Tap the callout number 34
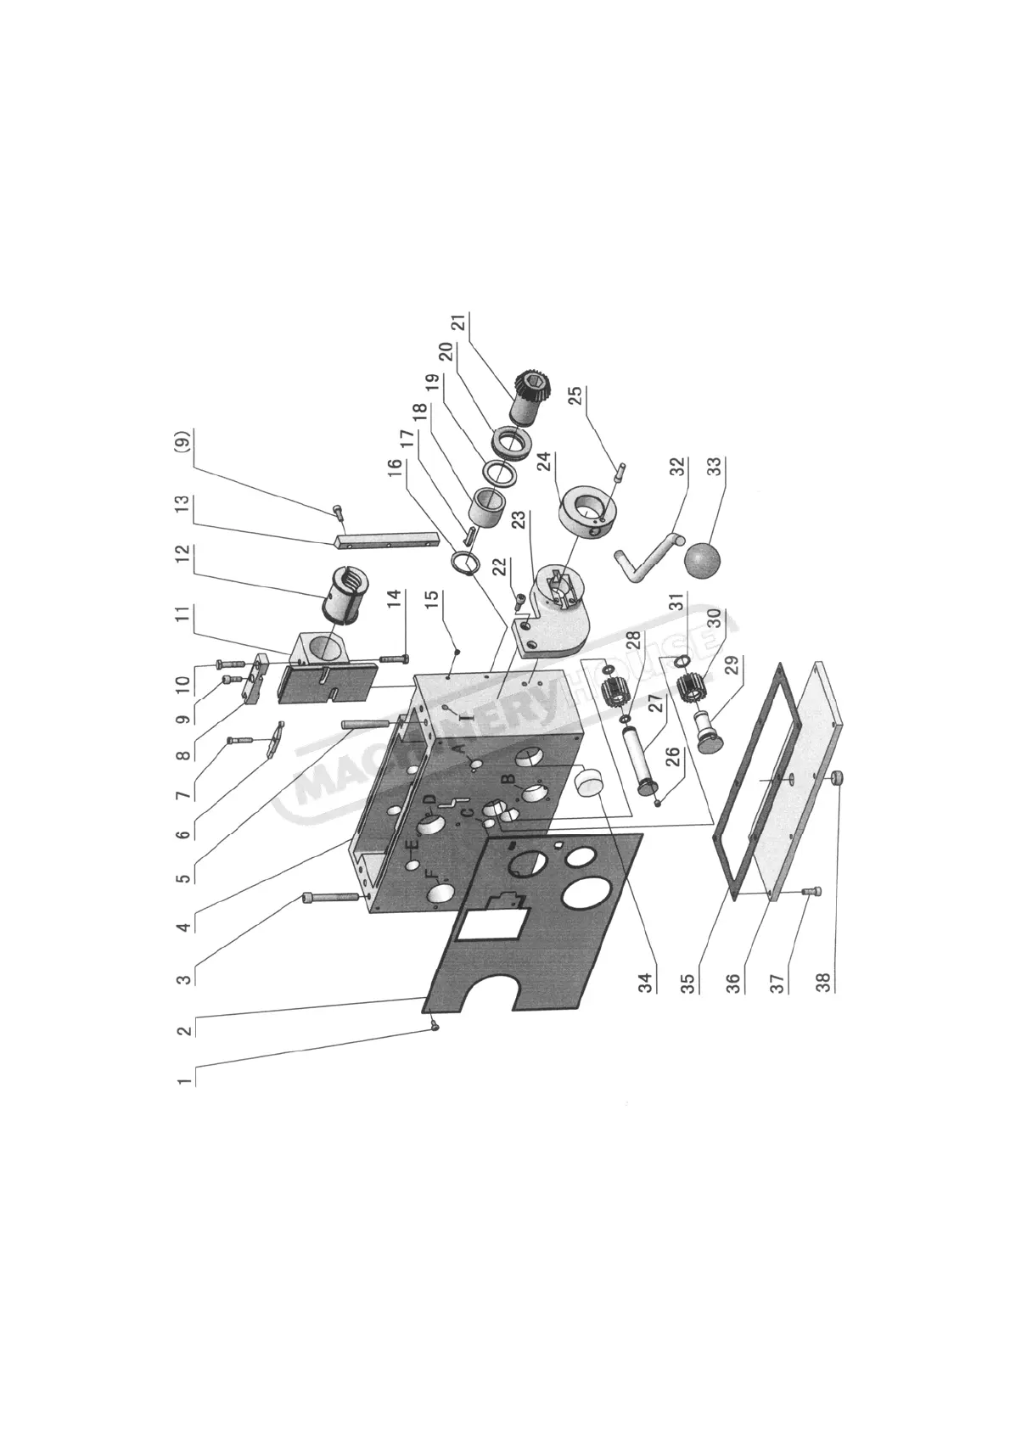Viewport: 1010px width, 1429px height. click(646, 983)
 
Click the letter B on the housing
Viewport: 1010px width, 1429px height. click(507, 778)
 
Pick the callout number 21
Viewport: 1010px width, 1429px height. click(458, 323)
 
